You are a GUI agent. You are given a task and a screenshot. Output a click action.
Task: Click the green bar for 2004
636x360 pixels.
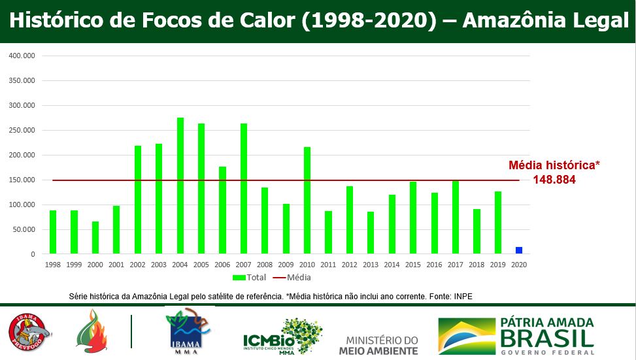[x=180, y=186]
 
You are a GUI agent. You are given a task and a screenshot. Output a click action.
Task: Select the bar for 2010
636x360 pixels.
[x=307, y=200]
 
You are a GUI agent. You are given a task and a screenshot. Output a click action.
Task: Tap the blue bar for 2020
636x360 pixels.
[x=519, y=250]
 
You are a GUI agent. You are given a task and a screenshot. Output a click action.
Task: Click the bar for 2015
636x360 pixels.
[x=413, y=218]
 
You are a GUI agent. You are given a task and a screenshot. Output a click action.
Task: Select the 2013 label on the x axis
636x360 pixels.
[x=371, y=265]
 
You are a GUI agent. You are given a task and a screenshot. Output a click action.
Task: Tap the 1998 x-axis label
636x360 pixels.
[x=53, y=265]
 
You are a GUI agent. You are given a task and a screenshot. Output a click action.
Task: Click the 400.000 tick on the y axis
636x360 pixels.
[x=22, y=56]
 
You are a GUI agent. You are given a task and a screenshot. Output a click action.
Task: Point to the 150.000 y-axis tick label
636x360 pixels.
[x=22, y=180]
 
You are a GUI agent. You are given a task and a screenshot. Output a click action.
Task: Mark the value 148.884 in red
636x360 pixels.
[x=554, y=180]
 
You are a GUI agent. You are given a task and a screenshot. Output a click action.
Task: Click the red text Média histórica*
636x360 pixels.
[x=554, y=166]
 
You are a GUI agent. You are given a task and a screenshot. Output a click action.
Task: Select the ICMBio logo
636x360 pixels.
[x=282, y=336]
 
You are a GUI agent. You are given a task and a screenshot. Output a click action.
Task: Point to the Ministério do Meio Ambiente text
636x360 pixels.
[x=378, y=345]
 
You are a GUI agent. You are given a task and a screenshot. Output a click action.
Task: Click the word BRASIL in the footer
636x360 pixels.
[x=547, y=339]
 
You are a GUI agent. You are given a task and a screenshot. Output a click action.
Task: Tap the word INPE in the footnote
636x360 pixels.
[x=462, y=297]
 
